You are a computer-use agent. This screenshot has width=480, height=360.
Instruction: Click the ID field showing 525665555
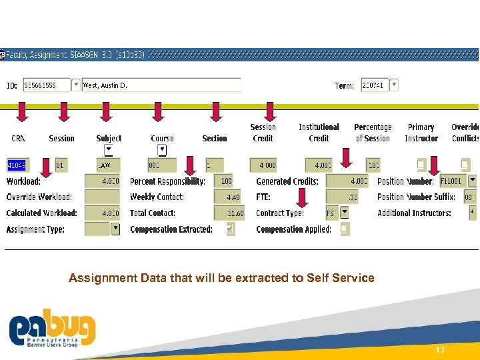46,85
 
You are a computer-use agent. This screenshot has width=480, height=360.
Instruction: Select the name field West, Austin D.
160,85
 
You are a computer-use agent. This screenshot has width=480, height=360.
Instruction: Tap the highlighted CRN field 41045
16,165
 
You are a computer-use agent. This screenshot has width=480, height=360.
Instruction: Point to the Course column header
162,139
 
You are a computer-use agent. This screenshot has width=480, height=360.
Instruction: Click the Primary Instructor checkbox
421,164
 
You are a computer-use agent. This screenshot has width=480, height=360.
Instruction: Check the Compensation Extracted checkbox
230,229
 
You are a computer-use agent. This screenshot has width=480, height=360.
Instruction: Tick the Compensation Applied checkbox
344,229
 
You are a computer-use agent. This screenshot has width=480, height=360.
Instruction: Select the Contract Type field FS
331,213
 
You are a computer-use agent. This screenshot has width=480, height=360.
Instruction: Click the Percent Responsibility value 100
227,181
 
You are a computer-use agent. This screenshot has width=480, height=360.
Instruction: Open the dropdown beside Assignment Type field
115,228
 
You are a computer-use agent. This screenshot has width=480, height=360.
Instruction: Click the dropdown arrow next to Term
394,85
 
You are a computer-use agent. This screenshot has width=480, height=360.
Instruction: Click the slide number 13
439,349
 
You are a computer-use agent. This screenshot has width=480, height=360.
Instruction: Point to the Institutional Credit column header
319,133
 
